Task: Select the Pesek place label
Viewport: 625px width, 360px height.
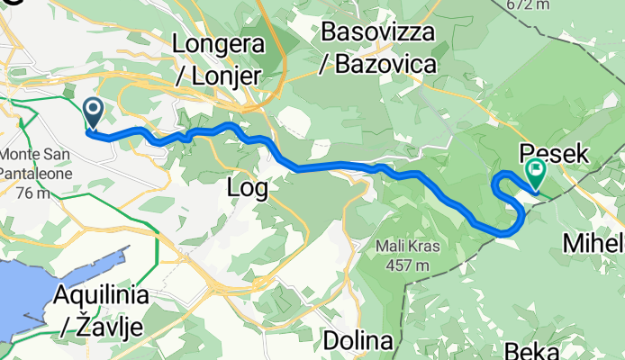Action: pyautogui.click(x=553, y=154)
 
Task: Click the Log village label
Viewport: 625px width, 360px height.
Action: pyautogui.click(x=248, y=187)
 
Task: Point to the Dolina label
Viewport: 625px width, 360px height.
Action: pyautogui.click(x=358, y=342)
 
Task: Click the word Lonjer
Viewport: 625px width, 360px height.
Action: pyautogui.click(x=229, y=74)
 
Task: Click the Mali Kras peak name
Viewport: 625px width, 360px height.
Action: pyautogui.click(x=400, y=221)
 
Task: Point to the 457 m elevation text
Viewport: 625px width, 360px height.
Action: pyautogui.click(x=400, y=239)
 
